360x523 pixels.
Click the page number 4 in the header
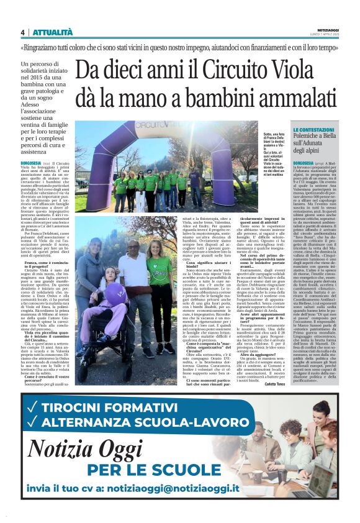tap(22, 32)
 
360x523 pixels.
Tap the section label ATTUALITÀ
tap(52, 32)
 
